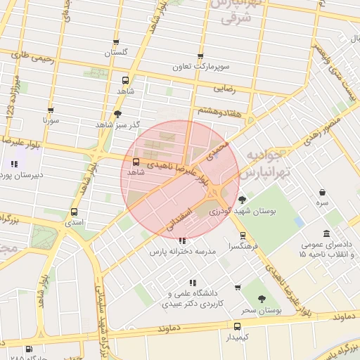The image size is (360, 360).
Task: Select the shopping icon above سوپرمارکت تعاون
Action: click(200, 56)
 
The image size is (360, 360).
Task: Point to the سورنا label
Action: click(51, 121)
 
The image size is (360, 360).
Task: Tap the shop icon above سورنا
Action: click(51, 110)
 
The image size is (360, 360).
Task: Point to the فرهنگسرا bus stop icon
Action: click(243, 235)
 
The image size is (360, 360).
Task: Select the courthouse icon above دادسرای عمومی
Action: click(326, 233)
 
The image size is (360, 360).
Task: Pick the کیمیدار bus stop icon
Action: click(238, 326)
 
